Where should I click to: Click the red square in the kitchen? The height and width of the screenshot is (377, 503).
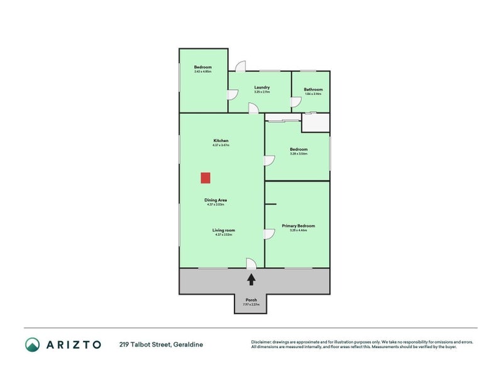(x=206, y=178)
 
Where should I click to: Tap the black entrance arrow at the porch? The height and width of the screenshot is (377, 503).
(x=251, y=280)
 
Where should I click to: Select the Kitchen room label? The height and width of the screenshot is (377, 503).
(x=220, y=140)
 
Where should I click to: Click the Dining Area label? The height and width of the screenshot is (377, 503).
(x=215, y=200)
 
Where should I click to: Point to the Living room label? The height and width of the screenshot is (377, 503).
(x=223, y=230)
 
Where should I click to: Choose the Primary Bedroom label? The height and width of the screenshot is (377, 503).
(x=298, y=226)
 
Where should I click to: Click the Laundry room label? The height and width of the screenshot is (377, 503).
(x=262, y=87)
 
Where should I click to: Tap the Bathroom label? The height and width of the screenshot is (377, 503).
(x=313, y=89)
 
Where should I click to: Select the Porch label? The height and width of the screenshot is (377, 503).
(x=251, y=300)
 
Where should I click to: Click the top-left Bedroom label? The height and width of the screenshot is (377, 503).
(x=202, y=67)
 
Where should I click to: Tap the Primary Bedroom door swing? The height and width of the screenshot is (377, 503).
(x=268, y=234)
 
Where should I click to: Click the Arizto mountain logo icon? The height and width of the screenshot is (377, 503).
(x=33, y=344)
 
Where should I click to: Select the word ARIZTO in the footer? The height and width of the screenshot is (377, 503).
(x=74, y=344)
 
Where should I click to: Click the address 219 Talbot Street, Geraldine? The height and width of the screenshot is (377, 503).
(x=162, y=344)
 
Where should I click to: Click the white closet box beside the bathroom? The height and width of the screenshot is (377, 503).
(x=316, y=123)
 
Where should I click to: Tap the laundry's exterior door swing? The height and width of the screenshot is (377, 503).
(x=240, y=67)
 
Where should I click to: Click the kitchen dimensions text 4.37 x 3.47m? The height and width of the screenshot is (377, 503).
(x=220, y=145)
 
